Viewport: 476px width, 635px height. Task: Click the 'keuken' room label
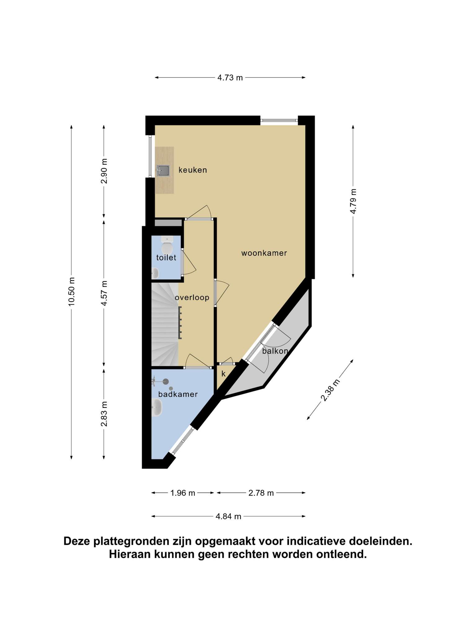tap(192, 170)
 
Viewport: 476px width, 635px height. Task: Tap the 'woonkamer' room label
tap(264, 253)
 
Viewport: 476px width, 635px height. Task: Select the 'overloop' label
tap(192, 298)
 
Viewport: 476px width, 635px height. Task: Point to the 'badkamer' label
tap(178, 394)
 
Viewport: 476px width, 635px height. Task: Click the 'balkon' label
tap(275, 351)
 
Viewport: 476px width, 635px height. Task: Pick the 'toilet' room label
tap(166, 257)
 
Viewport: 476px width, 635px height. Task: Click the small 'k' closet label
tap(223, 374)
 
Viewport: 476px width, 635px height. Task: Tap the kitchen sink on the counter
tap(163, 170)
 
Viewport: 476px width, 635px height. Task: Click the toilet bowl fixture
tap(167, 245)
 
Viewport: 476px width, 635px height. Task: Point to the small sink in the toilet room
tap(155, 273)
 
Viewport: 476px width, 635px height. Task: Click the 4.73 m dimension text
tap(230, 78)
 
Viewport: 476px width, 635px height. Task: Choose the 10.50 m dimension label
tap(72, 291)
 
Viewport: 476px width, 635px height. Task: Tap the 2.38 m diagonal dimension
tap(330, 390)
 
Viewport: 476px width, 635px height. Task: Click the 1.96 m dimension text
tap(183, 493)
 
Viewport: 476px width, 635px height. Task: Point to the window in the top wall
tap(279, 120)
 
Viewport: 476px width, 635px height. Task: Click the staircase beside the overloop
tap(165, 324)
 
